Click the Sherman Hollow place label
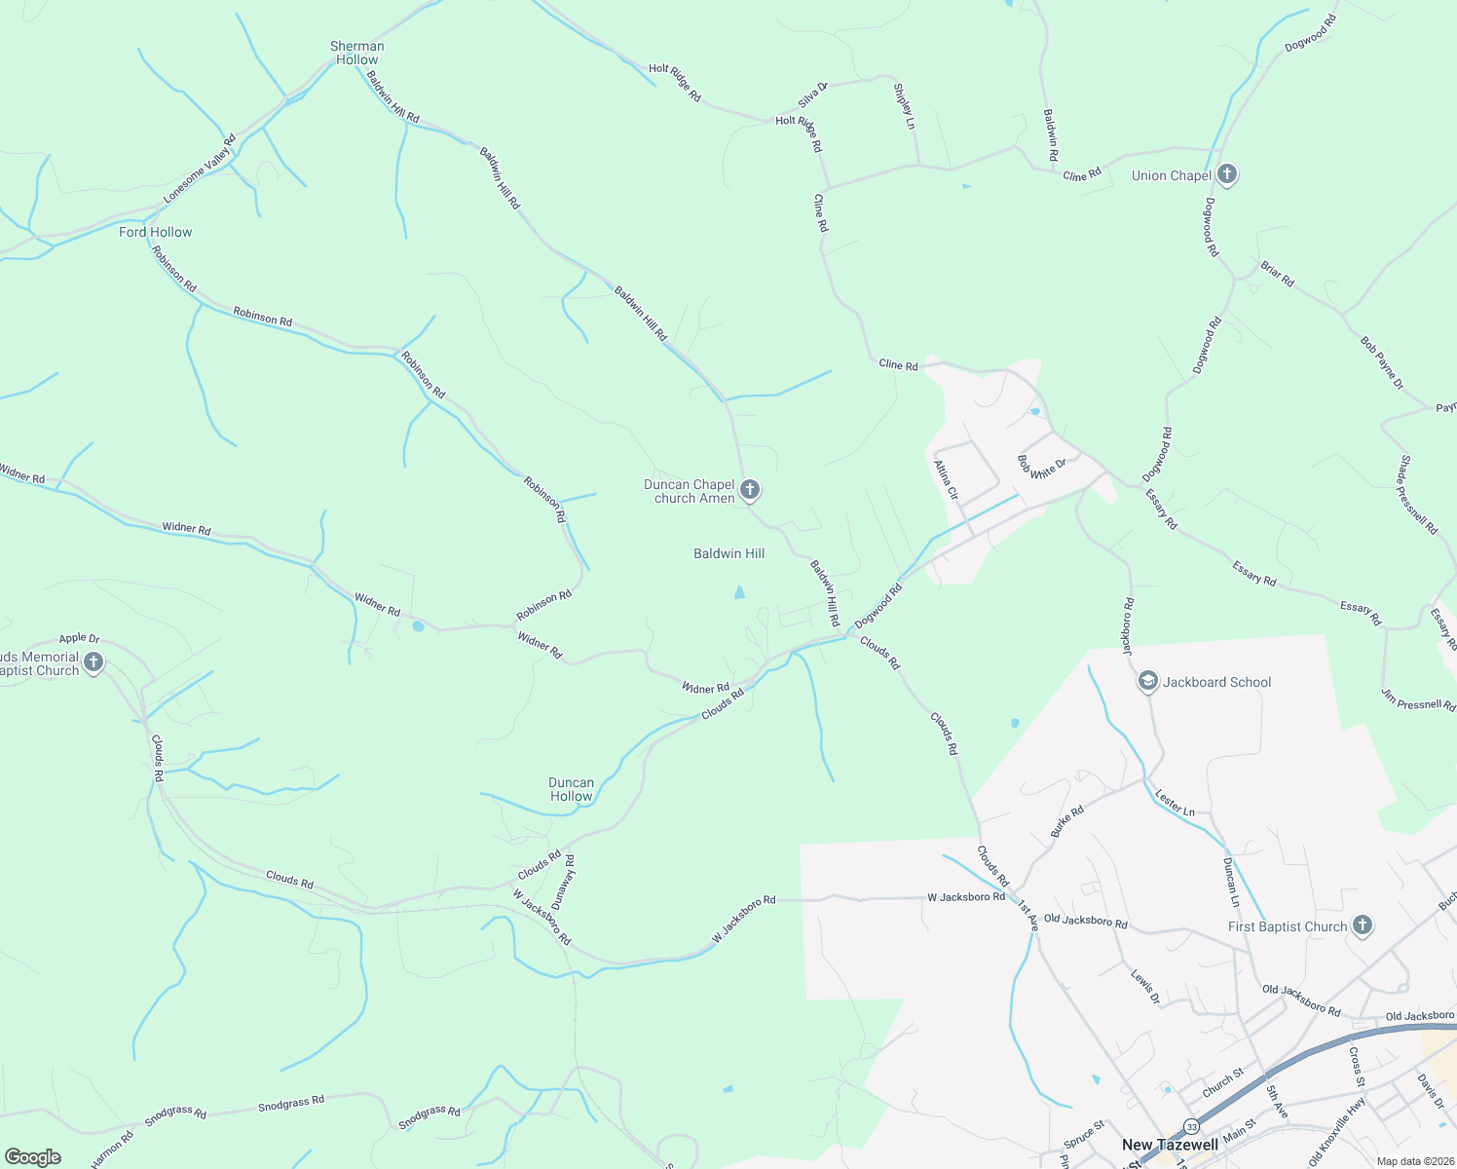(356, 53)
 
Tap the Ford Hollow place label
(155, 232)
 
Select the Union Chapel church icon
(1227, 175)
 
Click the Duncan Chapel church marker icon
(749, 489)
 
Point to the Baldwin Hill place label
(728, 553)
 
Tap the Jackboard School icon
(1147, 682)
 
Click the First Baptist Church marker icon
(1362, 925)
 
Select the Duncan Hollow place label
(571, 789)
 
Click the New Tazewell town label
(1170, 1145)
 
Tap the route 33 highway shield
(1191, 1126)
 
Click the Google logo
(32, 1157)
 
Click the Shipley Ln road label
(904, 106)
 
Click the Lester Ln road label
(1175, 802)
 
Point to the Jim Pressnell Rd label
(1417, 699)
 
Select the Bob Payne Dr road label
(1382, 363)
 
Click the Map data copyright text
(1415, 1161)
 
